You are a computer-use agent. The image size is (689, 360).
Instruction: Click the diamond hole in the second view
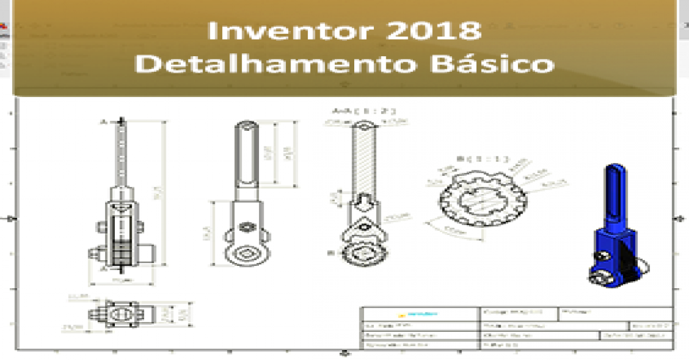coord(247,253)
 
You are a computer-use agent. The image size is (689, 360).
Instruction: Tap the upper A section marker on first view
coord(105,122)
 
